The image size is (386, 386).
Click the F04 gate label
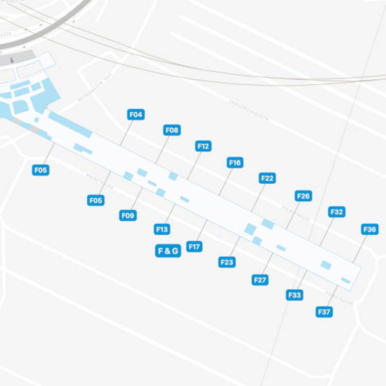(135, 115)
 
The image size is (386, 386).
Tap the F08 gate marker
(172, 130)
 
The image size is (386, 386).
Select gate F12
(203, 146)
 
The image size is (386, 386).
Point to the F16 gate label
(234, 163)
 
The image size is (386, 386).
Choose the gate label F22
(267, 178)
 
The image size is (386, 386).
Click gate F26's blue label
(304, 196)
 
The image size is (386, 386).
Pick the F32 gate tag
(337, 212)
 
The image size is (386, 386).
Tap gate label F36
(370, 230)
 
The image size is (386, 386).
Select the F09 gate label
(128, 216)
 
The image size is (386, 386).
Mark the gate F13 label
(162, 230)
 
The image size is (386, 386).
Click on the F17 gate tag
(194, 247)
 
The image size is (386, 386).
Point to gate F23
(226, 262)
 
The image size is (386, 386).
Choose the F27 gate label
(260, 280)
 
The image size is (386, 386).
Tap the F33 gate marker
(294, 295)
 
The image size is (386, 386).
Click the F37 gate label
(324, 312)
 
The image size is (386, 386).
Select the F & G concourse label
(168, 251)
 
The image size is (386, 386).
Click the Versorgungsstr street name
(250, 111)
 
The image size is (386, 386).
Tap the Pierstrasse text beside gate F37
(340, 299)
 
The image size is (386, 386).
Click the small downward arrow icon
(12, 60)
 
